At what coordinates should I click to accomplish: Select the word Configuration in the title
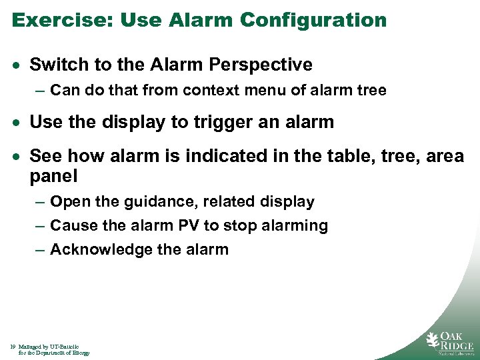(x=313, y=20)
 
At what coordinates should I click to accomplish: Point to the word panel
(x=54, y=176)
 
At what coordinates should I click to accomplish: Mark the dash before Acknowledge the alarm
(x=39, y=249)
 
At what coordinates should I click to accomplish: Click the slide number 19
(x=13, y=347)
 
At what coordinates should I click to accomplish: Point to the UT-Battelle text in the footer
(x=64, y=347)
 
